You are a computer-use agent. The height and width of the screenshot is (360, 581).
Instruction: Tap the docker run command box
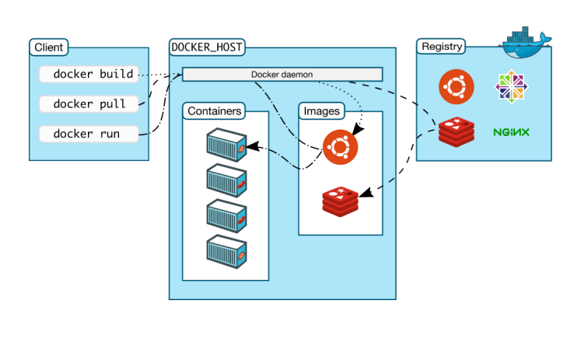(89, 133)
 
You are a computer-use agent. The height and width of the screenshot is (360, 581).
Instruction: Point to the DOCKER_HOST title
(206, 47)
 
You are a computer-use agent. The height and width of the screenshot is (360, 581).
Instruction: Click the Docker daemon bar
(282, 74)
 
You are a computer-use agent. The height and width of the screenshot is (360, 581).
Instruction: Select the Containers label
(215, 111)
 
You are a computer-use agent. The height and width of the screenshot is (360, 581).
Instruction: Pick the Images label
(321, 111)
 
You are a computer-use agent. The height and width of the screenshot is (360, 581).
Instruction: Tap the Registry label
(441, 47)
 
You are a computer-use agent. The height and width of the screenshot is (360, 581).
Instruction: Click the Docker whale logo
(527, 42)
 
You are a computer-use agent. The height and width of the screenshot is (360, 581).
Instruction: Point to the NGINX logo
(511, 132)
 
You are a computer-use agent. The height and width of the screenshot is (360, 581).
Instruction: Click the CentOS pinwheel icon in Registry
(511, 88)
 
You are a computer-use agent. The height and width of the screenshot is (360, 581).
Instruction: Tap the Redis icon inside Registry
(456, 132)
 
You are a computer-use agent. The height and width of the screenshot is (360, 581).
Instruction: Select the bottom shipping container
(227, 250)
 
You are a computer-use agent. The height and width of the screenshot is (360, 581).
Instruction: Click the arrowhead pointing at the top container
(251, 146)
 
